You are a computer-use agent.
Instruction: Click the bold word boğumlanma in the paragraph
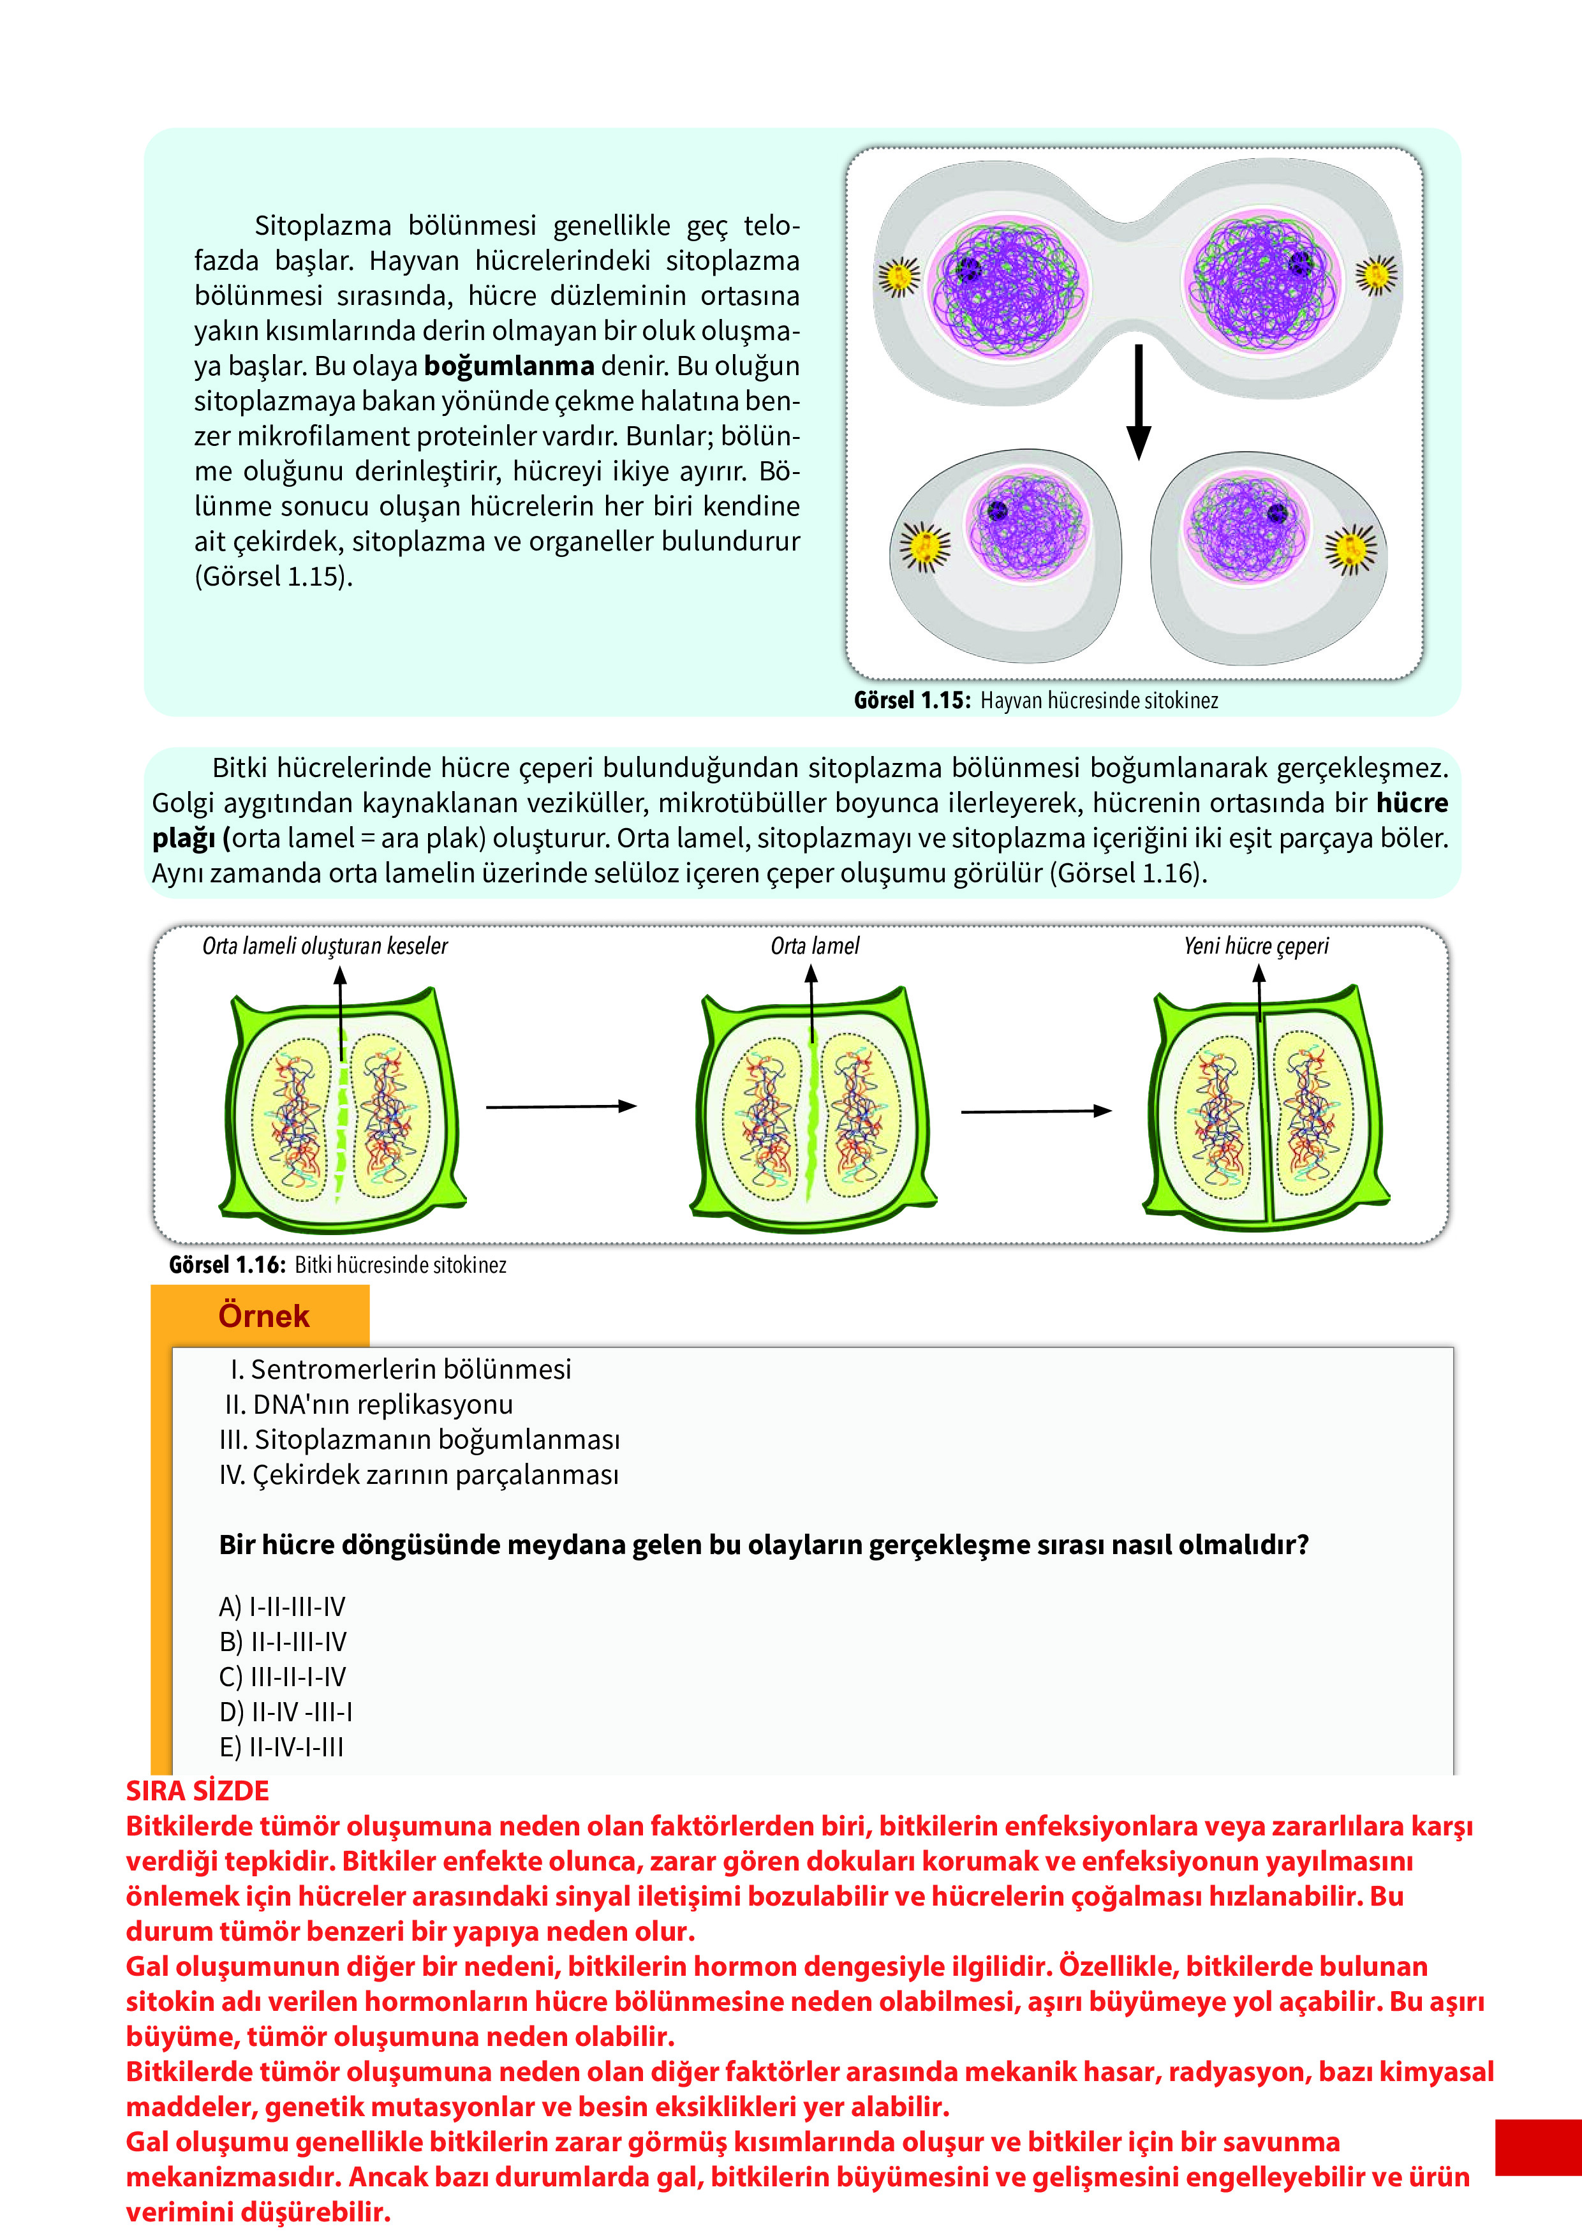[x=509, y=366]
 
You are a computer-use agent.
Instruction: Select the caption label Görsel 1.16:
[x=227, y=1264]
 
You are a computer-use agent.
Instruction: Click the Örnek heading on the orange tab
[x=263, y=1316]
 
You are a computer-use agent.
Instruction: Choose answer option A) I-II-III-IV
[x=282, y=1606]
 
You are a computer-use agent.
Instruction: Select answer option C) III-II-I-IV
[x=282, y=1677]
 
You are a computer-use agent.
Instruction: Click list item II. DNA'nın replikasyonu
[x=369, y=1405]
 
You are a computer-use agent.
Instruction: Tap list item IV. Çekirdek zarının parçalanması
[x=419, y=1475]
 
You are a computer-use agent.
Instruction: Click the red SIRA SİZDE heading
[x=197, y=1791]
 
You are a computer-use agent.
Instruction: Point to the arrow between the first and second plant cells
[x=561, y=1106]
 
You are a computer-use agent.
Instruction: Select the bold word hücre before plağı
[x=1412, y=803]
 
